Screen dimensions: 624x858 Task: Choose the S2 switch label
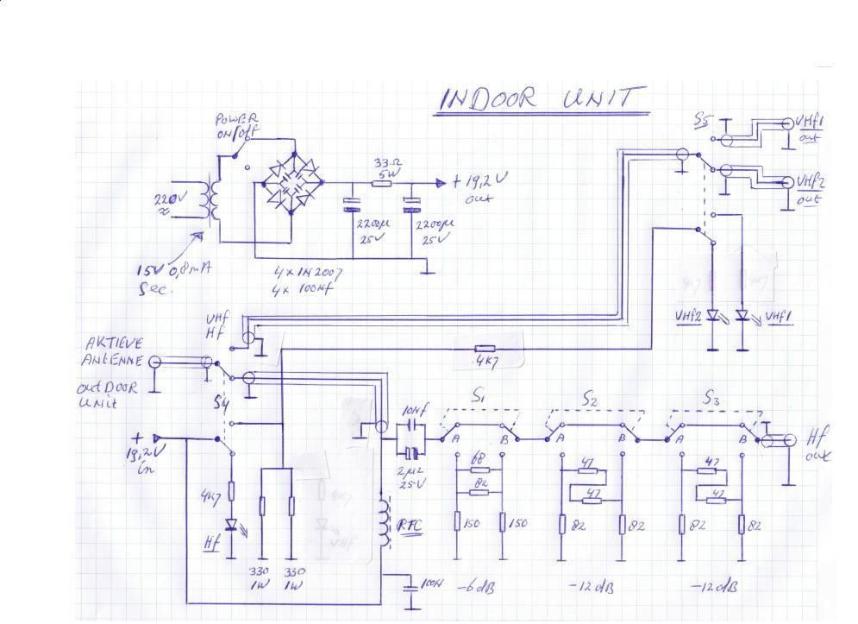590,400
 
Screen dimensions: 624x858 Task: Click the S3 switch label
712,399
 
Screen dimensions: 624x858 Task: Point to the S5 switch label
703,123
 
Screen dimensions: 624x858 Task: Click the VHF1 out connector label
810,130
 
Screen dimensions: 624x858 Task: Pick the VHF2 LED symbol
712,316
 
